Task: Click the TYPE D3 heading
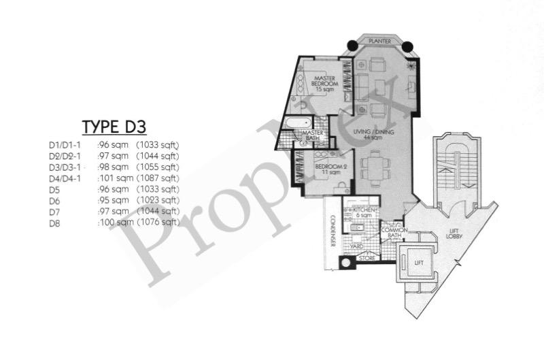pos(114,127)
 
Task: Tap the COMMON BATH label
pos(394,233)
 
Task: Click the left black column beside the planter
pos(352,46)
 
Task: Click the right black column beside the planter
pos(407,46)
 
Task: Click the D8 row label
pos(54,222)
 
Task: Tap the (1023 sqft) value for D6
pos(158,200)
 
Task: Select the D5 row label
pos(54,189)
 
